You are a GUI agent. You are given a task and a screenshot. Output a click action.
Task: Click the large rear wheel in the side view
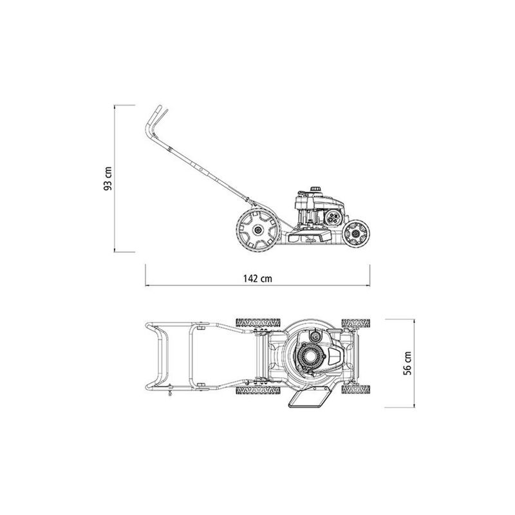pyautogui.click(x=258, y=230)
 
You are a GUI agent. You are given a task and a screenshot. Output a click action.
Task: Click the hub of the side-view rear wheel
pyautogui.click(x=258, y=230)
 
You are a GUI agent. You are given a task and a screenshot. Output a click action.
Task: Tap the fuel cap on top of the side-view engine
pyautogui.click(x=315, y=188)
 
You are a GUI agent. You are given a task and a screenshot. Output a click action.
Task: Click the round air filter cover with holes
pyautogui.click(x=333, y=217)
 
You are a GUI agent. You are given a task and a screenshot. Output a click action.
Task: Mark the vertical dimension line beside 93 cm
pyautogui.click(x=116, y=178)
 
